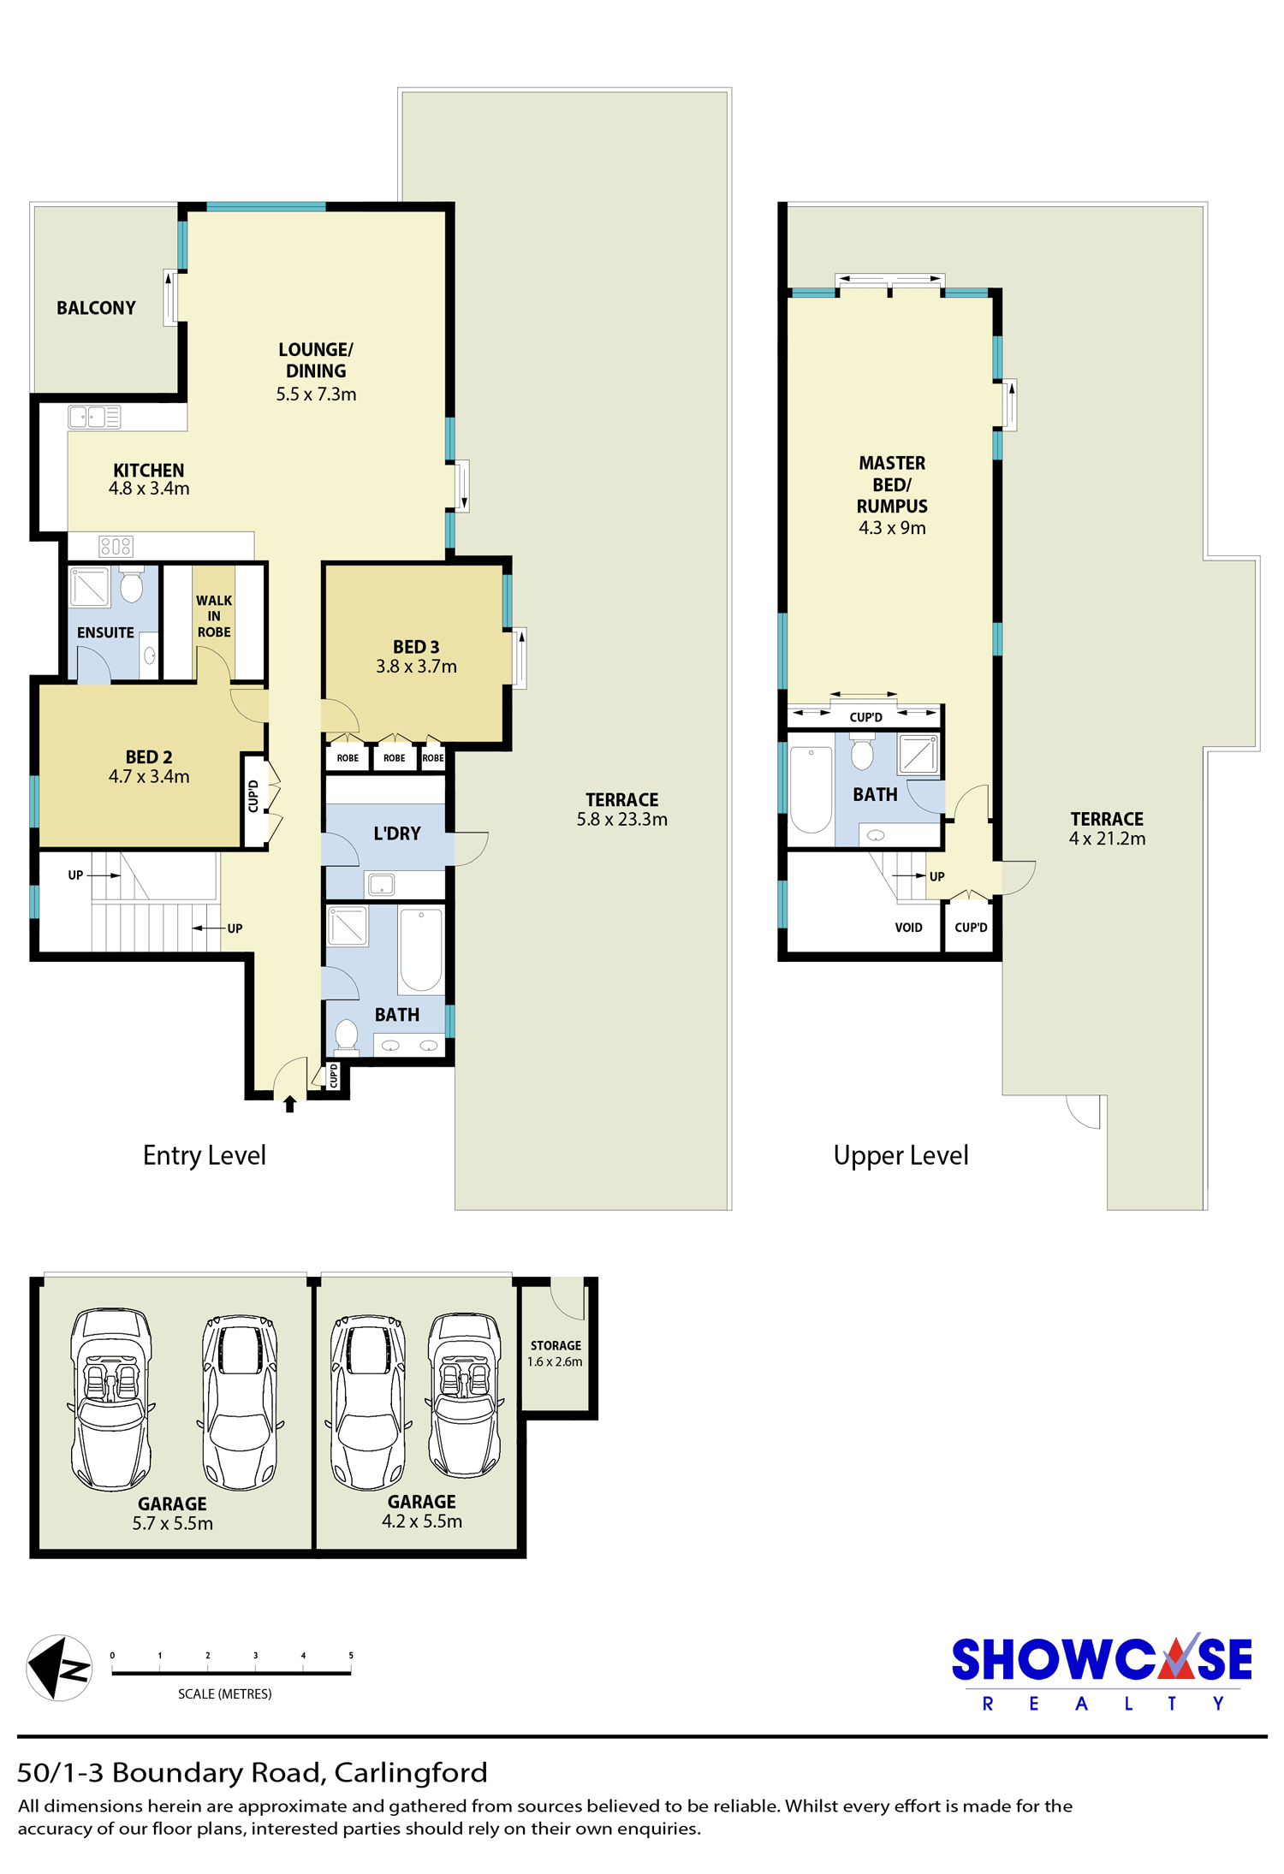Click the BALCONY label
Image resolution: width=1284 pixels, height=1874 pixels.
(96, 308)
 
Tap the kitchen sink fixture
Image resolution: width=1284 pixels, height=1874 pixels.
(94, 417)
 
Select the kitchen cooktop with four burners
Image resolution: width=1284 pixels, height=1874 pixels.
(116, 546)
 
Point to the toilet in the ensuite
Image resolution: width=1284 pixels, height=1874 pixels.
(131, 585)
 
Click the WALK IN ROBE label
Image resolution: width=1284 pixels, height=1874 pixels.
(214, 616)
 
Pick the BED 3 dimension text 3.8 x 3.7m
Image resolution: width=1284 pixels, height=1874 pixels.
(416, 667)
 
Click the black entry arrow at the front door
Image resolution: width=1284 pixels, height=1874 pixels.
(290, 1104)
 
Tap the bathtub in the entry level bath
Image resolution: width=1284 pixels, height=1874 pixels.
(420, 950)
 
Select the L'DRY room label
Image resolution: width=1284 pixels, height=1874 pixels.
(397, 833)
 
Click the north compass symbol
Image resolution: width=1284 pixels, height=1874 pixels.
(59, 1668)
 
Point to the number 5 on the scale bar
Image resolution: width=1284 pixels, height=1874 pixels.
(351, 1655)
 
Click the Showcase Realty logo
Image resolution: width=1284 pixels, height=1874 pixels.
(1102, 1672)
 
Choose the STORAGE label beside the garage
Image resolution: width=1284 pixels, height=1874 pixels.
(556, 1346)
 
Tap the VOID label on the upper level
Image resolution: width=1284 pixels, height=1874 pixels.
(908, 928)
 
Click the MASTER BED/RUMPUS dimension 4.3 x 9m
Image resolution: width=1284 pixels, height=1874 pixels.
(892, 528)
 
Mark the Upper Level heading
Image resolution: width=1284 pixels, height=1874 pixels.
(901, 1156)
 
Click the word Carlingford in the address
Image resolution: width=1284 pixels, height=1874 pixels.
(411, 1773)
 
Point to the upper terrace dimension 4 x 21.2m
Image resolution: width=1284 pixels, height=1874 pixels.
(1107, 839)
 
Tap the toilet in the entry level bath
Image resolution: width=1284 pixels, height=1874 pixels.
(347, 1034)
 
